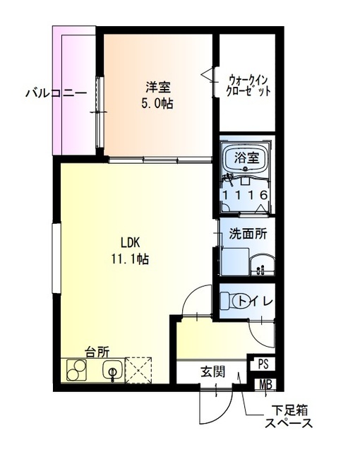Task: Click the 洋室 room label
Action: click(x=159, y=88)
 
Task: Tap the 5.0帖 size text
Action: click(x=159, y=103)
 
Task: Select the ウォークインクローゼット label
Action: click(x=248, y=85)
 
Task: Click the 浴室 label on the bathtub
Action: click(x=244, y=157)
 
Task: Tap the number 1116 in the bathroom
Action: click(x=244, y=195)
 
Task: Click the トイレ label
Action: click(x=255, y=302)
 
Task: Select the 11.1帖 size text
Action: click(x=129, y=259)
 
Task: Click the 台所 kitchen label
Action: click(x=97, y=351)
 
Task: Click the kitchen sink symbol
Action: click(x=112, y=369)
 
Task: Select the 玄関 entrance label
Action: click(x=211, y=372)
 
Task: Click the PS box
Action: click(x=263, y=364)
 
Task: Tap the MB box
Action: click(x=265, y=385)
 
